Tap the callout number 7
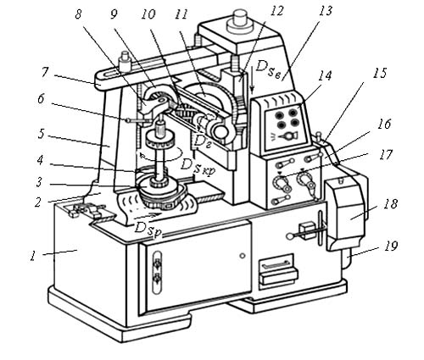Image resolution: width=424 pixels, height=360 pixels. pos(45,72)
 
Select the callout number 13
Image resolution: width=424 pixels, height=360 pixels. pos(326,11)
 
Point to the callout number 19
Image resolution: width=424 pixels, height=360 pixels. pos(391,246)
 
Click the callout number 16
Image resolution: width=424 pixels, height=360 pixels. pos(384,124)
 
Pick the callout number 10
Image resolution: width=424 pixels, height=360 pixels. pos(148,14)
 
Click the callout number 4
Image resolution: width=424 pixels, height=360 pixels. pos(40,160)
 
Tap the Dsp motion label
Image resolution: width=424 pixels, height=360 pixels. pos(148,227)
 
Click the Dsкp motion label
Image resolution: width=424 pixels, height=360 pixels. pos(198,166)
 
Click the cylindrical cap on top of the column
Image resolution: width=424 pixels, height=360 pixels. pos(239,20)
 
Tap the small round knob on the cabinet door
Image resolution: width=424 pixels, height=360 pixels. pos(243,256)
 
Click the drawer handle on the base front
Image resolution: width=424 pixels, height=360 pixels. pos(277,264)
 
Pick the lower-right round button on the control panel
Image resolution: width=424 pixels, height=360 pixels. pos(295,123)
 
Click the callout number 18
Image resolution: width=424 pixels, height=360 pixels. pos(391,204)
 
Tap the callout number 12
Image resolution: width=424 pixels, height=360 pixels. pos(276,11)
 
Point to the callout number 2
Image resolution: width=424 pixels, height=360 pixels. pos(38,202)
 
